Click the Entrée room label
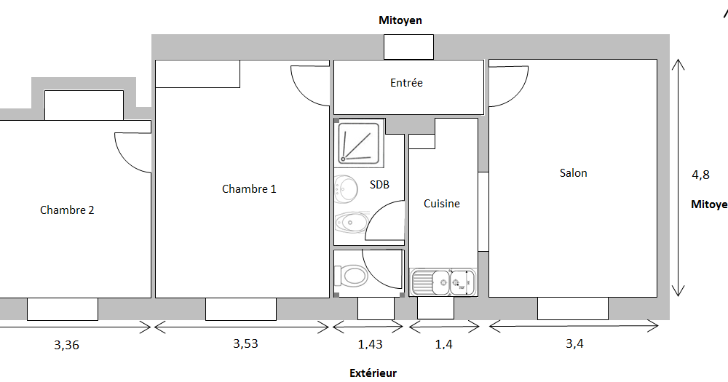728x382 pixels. coord(406,83)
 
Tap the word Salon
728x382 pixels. coord(573,172)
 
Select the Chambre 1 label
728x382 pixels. coord(249,189)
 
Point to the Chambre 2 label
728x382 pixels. coord(67,210)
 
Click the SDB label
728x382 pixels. coord(379,184)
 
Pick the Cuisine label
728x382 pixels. coord(442,203)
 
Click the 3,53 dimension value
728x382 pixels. coord(245,344)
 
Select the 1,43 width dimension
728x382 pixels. coord(370,344)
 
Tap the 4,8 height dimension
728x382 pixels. coord(700,175)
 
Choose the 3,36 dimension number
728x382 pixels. coord(66,346)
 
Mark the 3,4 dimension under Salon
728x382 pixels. coord(574,344)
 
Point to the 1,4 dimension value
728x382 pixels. coord(443,344)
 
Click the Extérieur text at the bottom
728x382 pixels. coord(373,373)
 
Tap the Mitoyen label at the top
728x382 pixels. coord(400,20)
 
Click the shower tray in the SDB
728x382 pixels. coord(360,143)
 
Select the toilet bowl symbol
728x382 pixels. coord(351,276)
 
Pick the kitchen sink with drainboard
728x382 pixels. coord(443,282)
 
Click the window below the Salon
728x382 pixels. coord(573,309)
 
